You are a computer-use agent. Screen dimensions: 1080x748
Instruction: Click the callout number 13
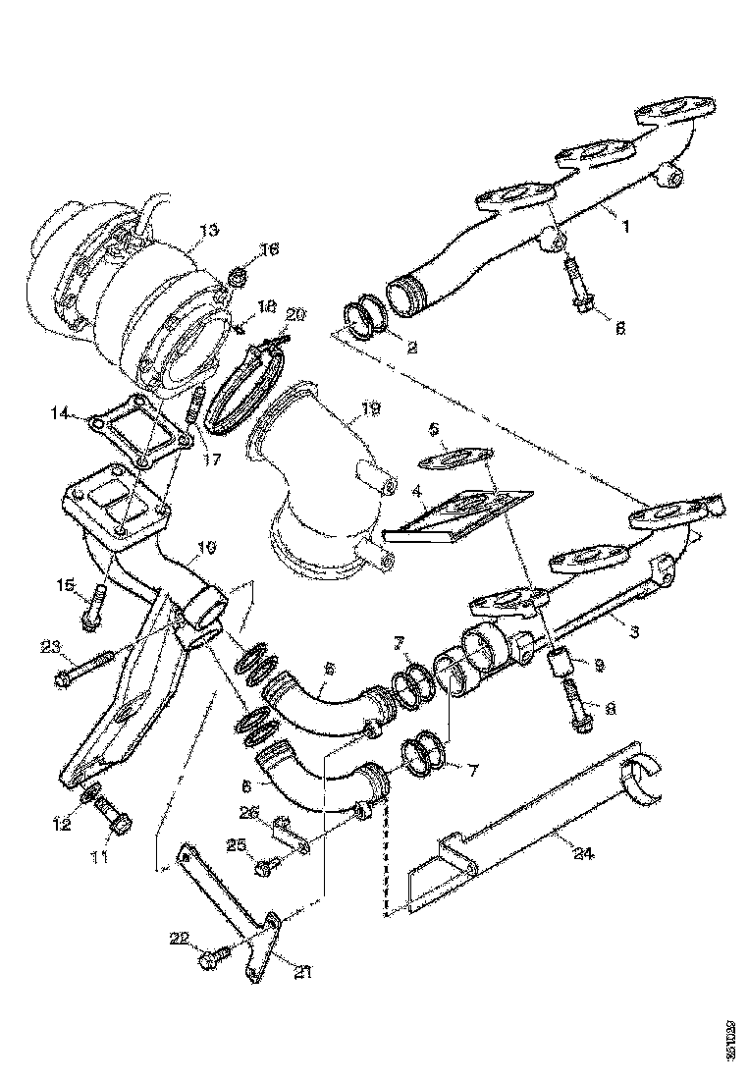click(x=208, y=232)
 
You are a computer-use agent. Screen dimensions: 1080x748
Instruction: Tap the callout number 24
click(x=583, y=852)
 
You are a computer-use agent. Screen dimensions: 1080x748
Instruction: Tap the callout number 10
click(x=208, y=546)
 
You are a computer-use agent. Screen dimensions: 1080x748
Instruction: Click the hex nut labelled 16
click(x=237, y=278)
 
